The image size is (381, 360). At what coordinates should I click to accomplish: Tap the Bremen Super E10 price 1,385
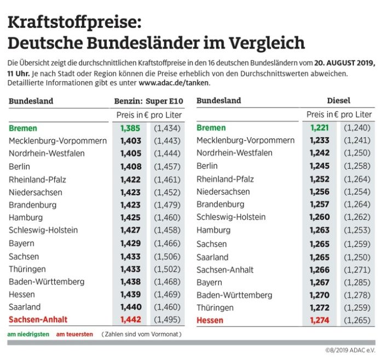point(130,128)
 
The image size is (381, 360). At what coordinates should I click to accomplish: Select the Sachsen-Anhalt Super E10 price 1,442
point(130,319)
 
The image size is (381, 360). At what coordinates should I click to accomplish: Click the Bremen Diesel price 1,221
point(320,128)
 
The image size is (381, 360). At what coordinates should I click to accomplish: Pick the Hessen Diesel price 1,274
point(320,320)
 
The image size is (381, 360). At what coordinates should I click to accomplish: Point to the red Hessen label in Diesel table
point(210,320)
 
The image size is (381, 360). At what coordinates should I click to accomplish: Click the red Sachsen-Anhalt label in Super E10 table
point(39,319)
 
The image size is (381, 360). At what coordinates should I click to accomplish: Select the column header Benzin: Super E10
point(148,101)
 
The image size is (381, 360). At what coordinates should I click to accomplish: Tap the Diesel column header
point(338,101)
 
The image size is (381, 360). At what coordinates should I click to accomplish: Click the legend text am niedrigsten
point(28,334)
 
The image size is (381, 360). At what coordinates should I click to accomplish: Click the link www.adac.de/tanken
point(174,83)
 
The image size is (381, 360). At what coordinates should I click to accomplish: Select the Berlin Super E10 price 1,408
point(130,167)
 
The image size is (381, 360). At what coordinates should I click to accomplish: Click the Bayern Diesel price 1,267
point(320,282)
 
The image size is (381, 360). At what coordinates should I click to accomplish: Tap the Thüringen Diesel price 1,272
point(320,307)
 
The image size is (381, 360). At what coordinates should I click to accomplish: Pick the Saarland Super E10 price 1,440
point(130,307)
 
